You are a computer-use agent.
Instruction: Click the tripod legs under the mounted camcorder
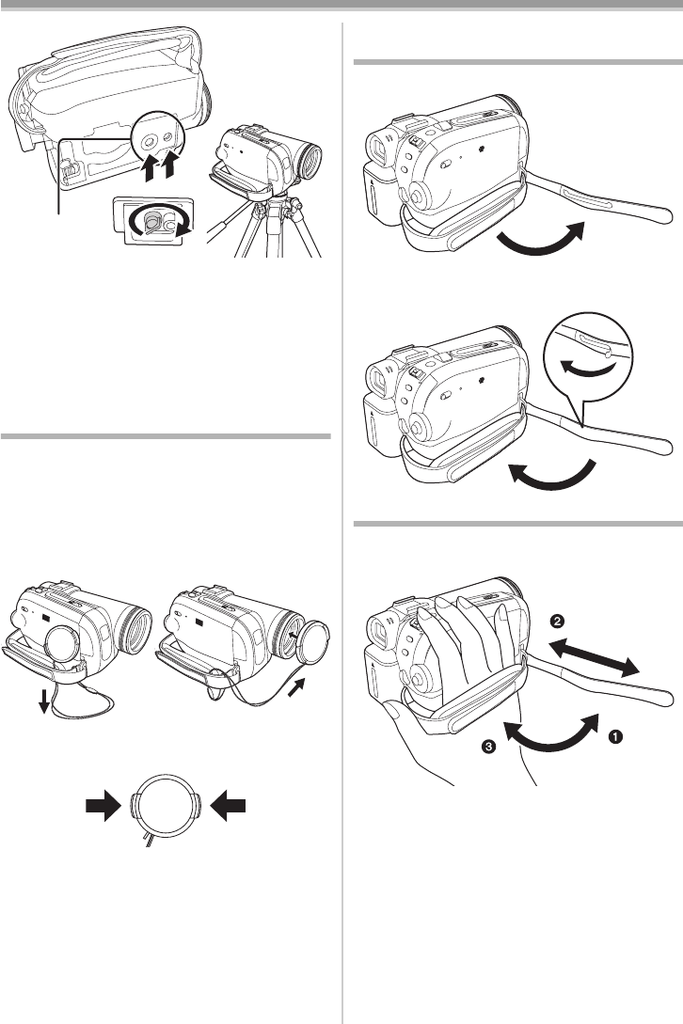(273, 230)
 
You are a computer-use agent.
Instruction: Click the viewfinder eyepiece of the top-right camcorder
(382, 147)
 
